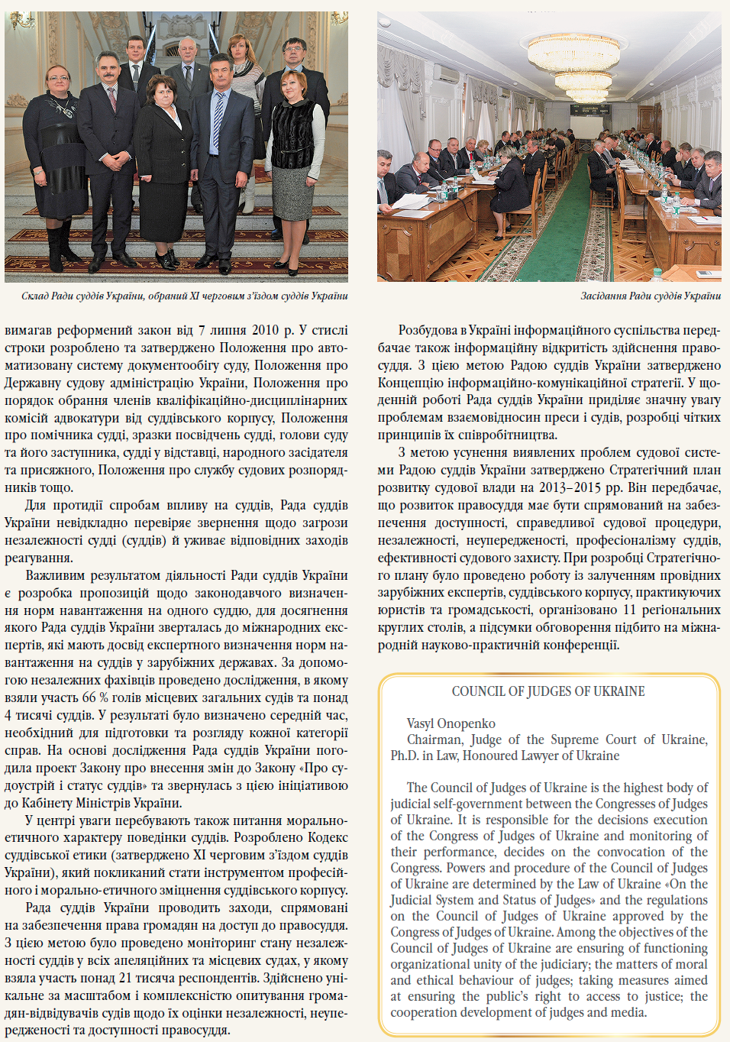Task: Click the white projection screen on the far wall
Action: click(588, 109)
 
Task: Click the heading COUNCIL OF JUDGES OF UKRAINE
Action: click(548, 691)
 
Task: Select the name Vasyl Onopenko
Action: click(451, 723)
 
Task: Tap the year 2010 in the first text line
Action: click(265, 331)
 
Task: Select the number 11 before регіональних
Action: click(629, 610)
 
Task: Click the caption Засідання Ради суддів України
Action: click(651, 296)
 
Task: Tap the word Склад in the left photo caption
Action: click(34, 296)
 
